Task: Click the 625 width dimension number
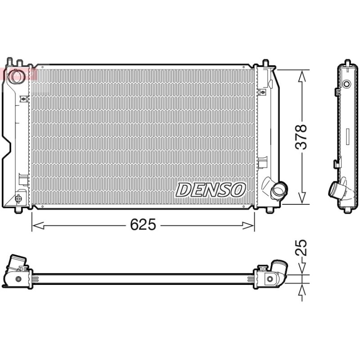point(143,225)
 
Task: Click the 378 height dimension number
point(301,137)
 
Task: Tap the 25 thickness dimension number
point(301,248)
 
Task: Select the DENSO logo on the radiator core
point(211,190)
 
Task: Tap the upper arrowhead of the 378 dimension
point(302,76)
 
